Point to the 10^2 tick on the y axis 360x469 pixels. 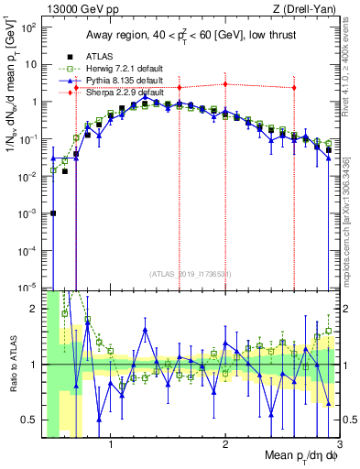pyautogui.click(x=27, y=27)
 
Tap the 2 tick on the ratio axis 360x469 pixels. pyautogui.click(x=33, y=309)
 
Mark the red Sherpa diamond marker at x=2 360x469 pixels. pyautogui.click(x=225, y=84)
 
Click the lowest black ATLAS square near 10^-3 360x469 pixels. pyautogui.click(x=53, y=213)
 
